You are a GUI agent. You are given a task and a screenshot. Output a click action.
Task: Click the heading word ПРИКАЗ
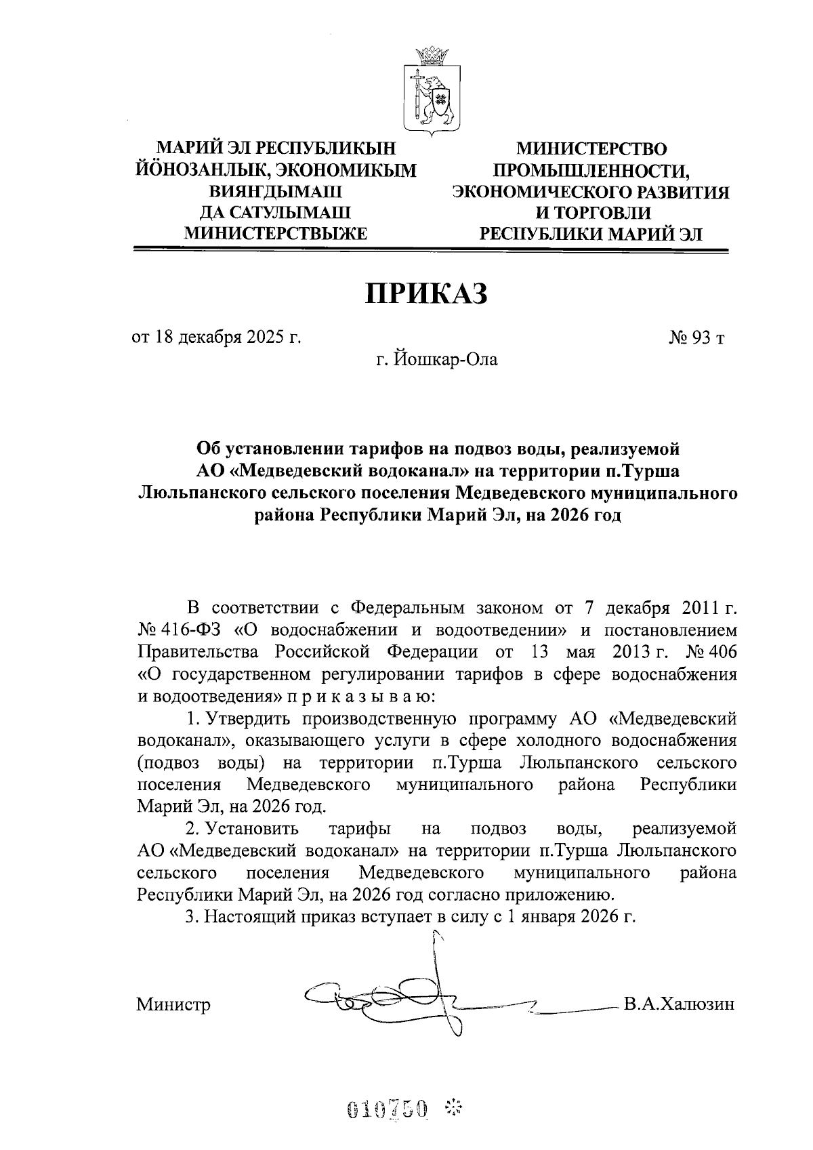427,295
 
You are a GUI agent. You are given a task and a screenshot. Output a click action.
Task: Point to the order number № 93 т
696,337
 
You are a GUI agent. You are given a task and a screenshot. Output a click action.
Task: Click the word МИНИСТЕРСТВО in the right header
591,148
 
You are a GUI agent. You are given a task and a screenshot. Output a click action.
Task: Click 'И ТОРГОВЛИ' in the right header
592,213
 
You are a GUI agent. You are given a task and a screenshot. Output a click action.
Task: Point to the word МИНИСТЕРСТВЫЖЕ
276,234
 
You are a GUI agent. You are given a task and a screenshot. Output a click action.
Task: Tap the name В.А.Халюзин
680,1004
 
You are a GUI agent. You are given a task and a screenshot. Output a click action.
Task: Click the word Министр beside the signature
173,1004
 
